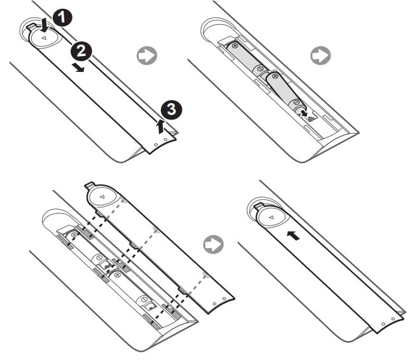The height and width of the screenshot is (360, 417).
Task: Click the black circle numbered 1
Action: click(x=62, y=18)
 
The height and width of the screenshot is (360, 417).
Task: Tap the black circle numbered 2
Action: click(x=81, y=51)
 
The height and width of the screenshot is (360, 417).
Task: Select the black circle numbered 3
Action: click(x=172, y=109)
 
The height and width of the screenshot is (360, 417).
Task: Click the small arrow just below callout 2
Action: click(x=79, y=68)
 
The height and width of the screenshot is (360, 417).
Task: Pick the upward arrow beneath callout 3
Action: click(x=160, y=126)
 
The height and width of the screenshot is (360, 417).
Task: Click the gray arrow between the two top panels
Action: click(x=147, y=55)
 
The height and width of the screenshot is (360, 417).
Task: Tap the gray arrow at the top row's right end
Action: click(x=320, y=55)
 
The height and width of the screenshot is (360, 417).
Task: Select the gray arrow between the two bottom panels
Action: click(x=214, y=244)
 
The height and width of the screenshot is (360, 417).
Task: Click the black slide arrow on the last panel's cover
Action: click(x=293, y=235)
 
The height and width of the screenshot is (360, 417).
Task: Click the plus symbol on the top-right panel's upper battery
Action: click(x=235, y=46)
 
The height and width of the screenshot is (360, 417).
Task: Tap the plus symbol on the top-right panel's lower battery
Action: click(x=274, y=76)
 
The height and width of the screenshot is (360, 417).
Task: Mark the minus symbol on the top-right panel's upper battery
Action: click(x=261, y=69)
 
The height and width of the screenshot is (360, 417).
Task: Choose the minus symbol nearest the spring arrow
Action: click(x=296, y=102)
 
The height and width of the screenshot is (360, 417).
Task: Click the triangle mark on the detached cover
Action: click(x=102, y=197)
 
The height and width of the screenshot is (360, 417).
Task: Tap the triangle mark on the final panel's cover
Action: click(x=271, y=218)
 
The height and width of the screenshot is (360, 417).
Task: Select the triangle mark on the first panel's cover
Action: click(x=44, y=38)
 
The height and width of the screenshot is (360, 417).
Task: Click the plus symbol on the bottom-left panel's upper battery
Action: click(x=74, y=235)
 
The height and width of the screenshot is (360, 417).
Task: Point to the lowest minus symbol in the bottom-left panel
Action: click(x=144, y=300)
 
